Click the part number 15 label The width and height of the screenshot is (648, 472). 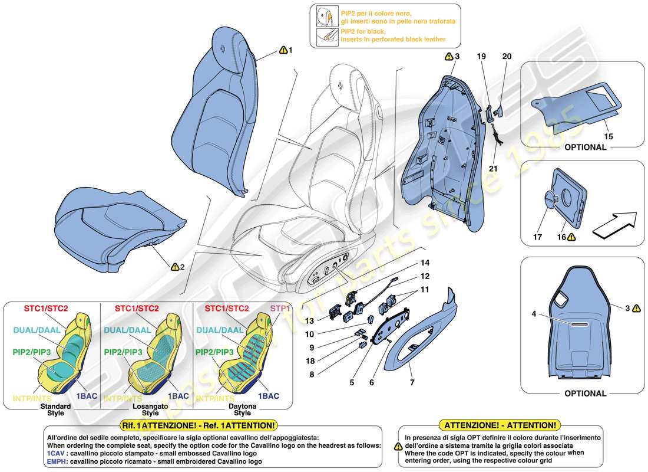click(609, 136)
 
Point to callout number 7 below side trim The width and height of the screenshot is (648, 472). click(412, 383)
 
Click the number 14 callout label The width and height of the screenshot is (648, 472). click(425, 263)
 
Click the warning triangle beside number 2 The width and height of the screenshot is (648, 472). click(174, 267)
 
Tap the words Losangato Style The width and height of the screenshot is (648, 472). click(150, 409)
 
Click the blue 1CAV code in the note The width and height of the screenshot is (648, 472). click(56, 453)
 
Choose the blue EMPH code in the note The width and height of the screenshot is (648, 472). click(58, 461)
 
